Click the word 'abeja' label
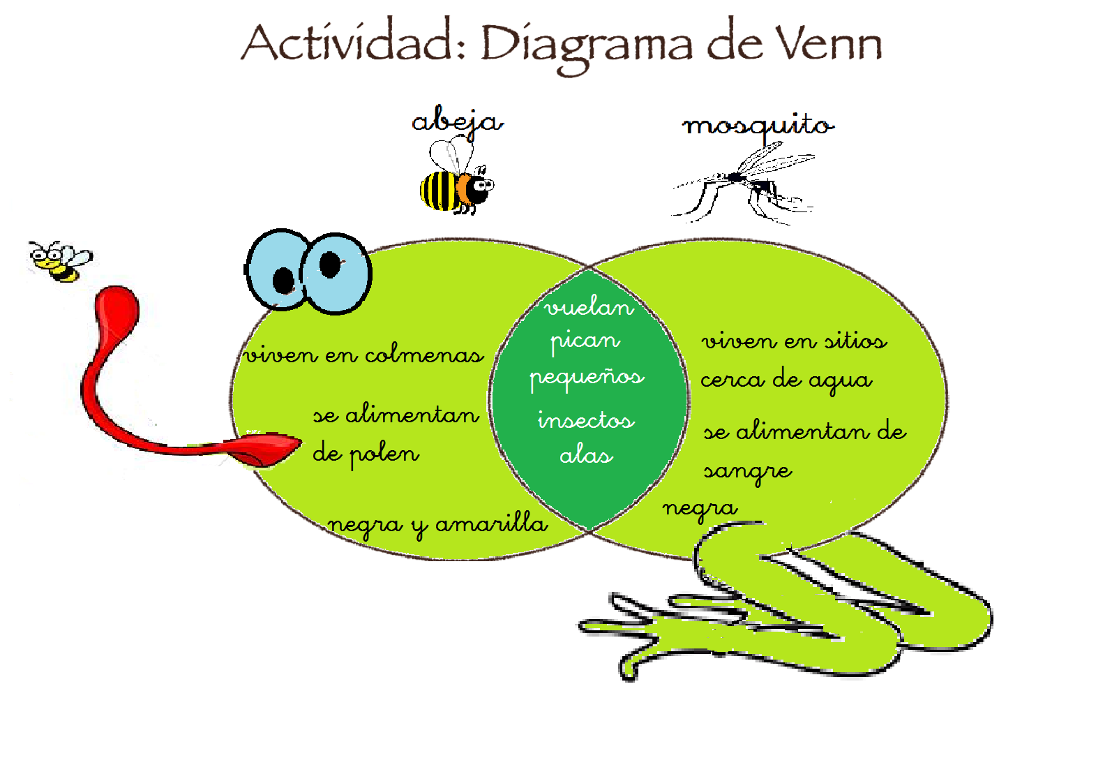tap(457, 121)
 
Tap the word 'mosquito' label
tap(758, 126)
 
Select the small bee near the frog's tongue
tap(60, 261)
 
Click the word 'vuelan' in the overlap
tap(589, 307)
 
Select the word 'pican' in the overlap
tap(585, 341)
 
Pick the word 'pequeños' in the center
tap(587, 378)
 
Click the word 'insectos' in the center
tap(586, 420)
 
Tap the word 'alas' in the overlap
tap(586, 456)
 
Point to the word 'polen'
tap(384, 454)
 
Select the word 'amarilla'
tap(491, 523)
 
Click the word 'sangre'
tap(747, 471)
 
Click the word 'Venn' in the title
tap(829, 43)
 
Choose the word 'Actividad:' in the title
tap(354, 43)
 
